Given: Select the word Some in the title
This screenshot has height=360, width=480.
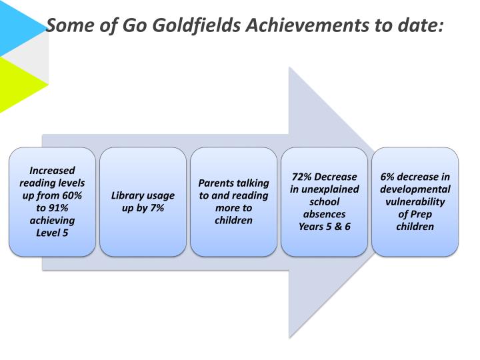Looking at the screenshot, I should coord(69,26).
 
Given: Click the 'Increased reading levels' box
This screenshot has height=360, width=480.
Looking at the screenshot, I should coord(52,201).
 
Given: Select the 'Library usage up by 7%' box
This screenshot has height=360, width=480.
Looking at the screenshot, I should coord(143,201).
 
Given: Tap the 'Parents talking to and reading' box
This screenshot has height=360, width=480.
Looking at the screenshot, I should coord(233,201).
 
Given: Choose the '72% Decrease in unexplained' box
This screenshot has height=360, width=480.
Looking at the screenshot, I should coord(324,201).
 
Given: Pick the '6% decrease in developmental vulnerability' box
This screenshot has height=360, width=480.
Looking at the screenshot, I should coord(415,201).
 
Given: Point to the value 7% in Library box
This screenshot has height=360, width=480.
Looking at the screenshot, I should coord(157,208).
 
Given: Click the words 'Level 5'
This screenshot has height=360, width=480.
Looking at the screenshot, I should coord(52,233).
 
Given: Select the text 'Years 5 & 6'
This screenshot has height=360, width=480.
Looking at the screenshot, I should coord(324,227).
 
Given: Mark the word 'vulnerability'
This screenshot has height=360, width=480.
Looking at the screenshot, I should coord(415,201).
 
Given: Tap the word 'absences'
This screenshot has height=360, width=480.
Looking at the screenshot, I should coord(324,214).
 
